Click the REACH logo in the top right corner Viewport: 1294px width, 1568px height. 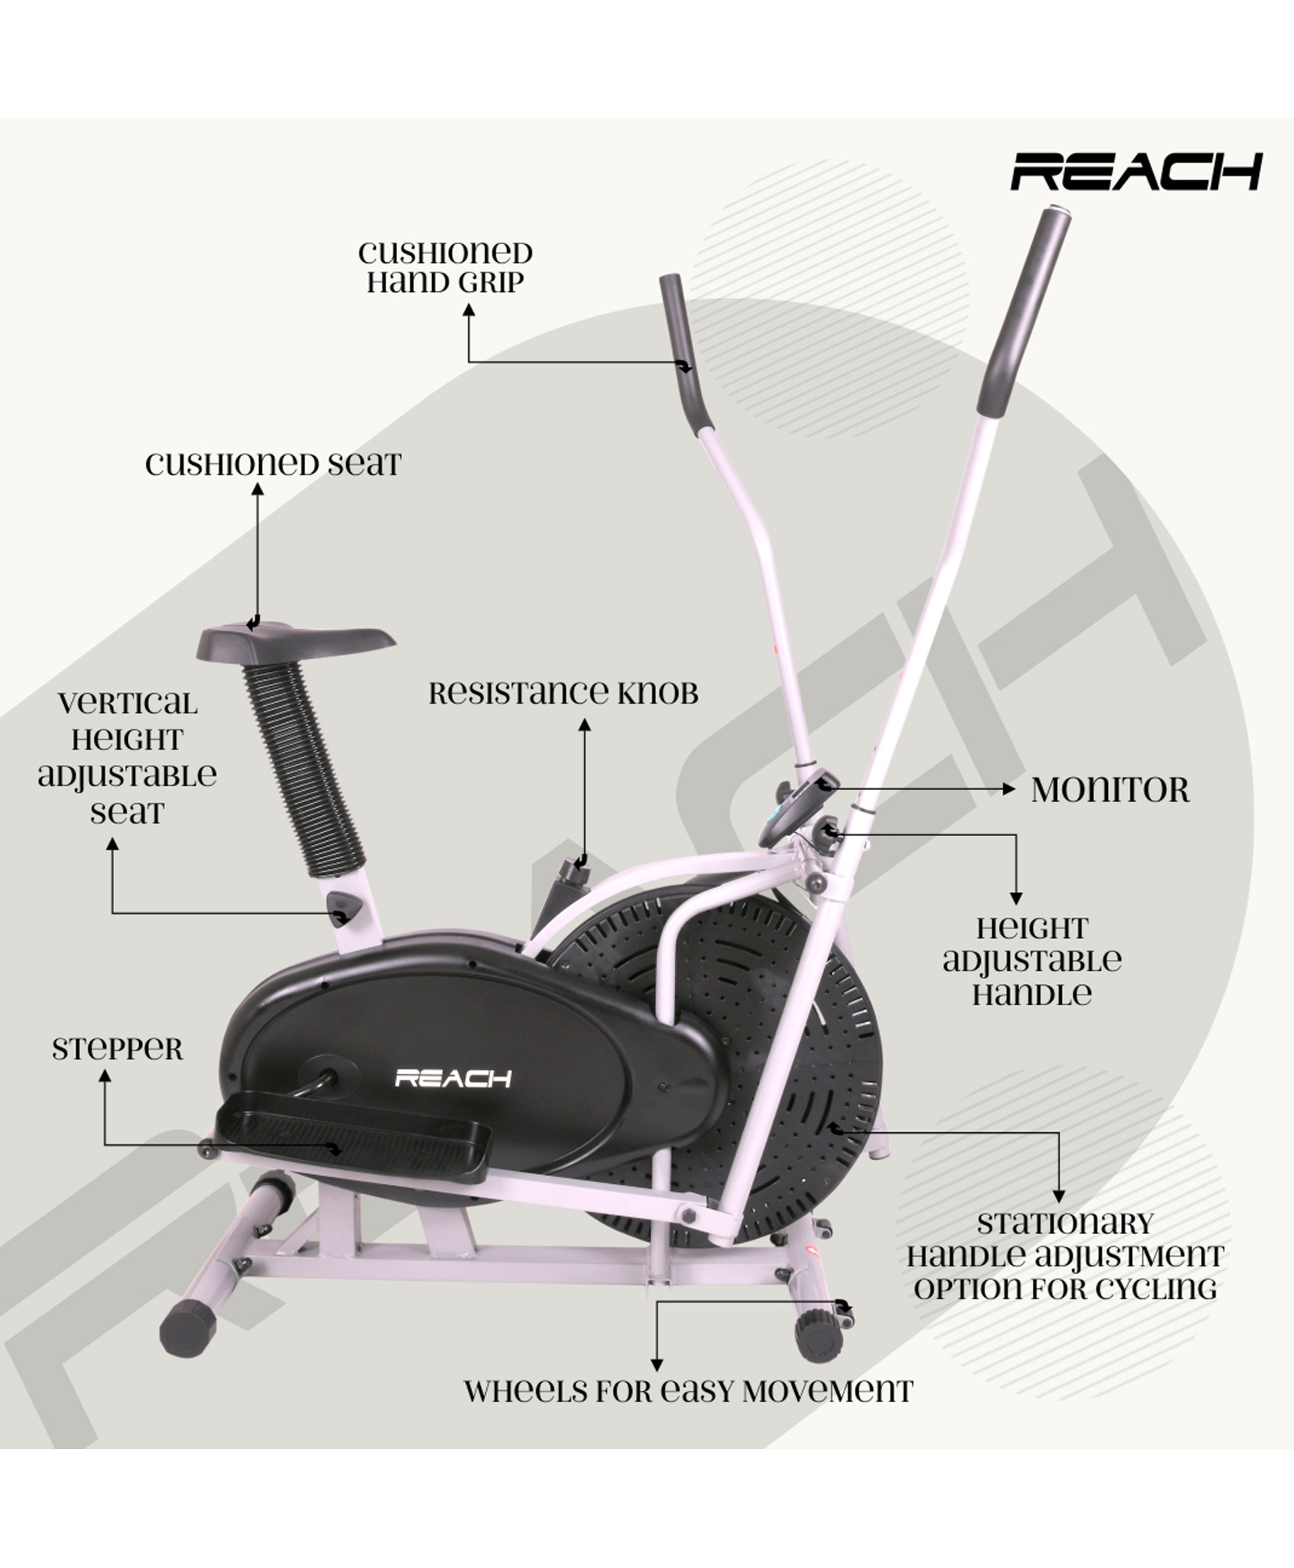(1136, 171)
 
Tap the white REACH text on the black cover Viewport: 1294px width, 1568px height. (453, 1078)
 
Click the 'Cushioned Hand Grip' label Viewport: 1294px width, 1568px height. (446, 267)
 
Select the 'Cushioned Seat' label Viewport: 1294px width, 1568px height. (273, 464)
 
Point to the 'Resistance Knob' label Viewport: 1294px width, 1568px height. (564, 693)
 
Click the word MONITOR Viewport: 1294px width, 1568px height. (1110, 790)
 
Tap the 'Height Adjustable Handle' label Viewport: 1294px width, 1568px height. (1032, 962)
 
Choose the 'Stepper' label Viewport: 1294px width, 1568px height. (118, 1050)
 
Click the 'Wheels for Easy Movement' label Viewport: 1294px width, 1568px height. (688, 1391)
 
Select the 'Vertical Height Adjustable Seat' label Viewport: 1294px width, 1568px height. (127, 758)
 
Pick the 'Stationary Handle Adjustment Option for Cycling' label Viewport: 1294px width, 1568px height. (1065, 1256)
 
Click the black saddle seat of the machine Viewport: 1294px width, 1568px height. (296, 639)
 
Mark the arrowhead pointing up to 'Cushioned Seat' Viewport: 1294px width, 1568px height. (257, 488)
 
